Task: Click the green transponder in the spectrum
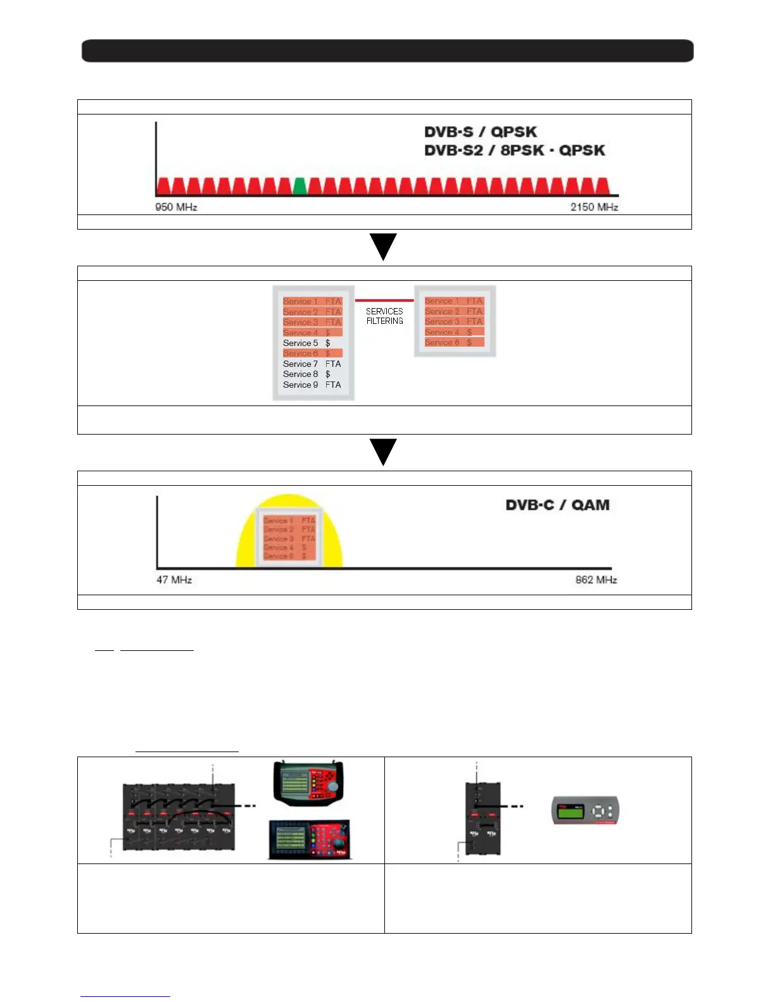tap(299, 186)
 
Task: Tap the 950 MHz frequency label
tap(176, 207)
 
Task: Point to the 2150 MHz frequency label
tap(594, 207)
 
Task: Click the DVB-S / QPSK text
tap(481, 132)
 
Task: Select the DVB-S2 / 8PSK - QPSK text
tap(514, 151)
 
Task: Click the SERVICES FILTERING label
tap(384, 316)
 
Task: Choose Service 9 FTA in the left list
tap(312, 385)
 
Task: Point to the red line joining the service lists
tap(384, 300)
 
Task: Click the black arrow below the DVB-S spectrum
tap(383, 246)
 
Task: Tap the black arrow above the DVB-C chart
tap(383, 452)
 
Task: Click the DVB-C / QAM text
tap(557, 505)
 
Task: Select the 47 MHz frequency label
tap(174, 579)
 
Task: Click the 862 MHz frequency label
tap(596, 579)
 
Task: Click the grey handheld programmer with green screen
tap(584, 810)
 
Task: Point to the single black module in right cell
tap(482, 819)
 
